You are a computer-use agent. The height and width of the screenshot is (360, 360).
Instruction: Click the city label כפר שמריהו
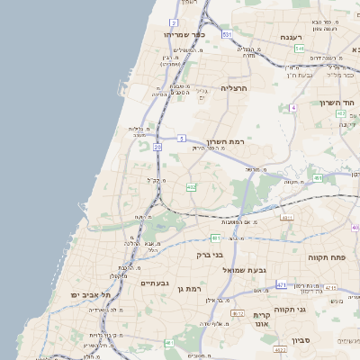(x=184, y=34)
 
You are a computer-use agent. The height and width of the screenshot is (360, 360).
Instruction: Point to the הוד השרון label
(x=338, y=103)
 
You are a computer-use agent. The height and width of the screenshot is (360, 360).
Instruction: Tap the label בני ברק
(x=211, y=255)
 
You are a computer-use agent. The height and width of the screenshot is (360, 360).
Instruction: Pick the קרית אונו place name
(x=263, y=320)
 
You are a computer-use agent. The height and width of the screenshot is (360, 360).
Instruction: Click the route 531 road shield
(x=227, y=34)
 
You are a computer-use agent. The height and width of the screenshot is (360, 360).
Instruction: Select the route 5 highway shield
(x=181, y=139)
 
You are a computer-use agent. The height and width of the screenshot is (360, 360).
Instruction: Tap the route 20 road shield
(x=157, y=146)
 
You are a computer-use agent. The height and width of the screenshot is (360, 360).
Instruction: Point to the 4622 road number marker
(x=238, y=313)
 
